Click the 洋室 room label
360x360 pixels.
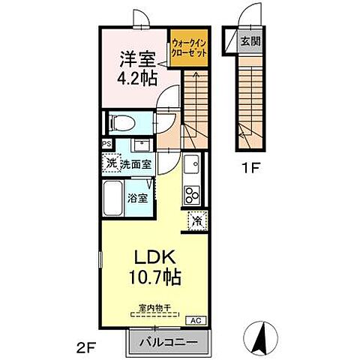coord(133,57)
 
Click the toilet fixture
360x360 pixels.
coord(121,123)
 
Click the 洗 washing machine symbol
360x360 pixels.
coord(111,163)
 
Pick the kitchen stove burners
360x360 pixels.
coord(191,194)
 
